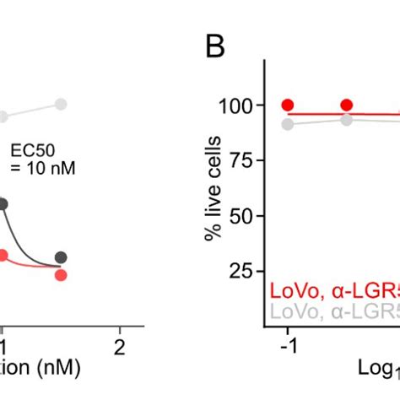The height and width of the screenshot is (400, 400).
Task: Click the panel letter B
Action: point(217,48)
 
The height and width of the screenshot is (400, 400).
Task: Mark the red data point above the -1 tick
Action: point(288,105)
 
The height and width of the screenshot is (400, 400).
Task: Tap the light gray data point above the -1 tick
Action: point(288,124)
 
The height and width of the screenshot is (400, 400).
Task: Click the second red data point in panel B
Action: point(346,105)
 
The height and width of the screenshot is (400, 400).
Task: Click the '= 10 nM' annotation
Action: point(43,168)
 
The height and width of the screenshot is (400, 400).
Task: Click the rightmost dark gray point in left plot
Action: point(61,257)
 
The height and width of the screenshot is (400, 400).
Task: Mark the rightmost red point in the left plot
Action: point(61,274)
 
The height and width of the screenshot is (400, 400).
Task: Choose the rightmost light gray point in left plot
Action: point(61,104)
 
